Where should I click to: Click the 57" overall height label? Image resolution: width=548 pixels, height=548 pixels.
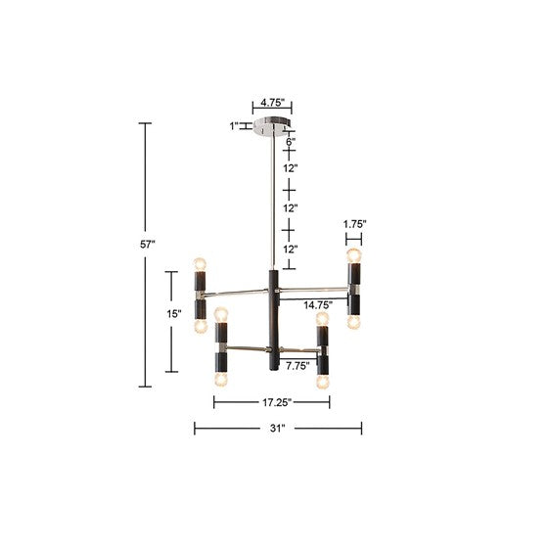(x=148, y=245)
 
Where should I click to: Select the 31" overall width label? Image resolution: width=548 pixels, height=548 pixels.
(x=277, y=428)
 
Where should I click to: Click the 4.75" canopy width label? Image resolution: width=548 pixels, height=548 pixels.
(x=271, y=101)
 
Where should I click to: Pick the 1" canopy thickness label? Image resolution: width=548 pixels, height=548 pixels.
(x=233, y=125)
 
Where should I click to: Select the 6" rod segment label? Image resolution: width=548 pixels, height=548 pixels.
(x=291, y=142)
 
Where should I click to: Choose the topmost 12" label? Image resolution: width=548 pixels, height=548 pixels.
(x=291, y=168)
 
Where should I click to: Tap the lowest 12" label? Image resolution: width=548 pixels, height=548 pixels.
(x=291, y=250)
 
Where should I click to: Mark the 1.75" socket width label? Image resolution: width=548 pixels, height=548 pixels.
(x=354, y=224)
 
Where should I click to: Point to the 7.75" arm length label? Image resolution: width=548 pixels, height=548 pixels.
(x=297, y=366)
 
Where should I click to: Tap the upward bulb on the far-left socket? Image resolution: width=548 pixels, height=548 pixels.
(x=201, y=263)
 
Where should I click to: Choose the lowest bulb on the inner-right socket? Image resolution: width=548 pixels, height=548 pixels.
(x=321, y=377)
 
